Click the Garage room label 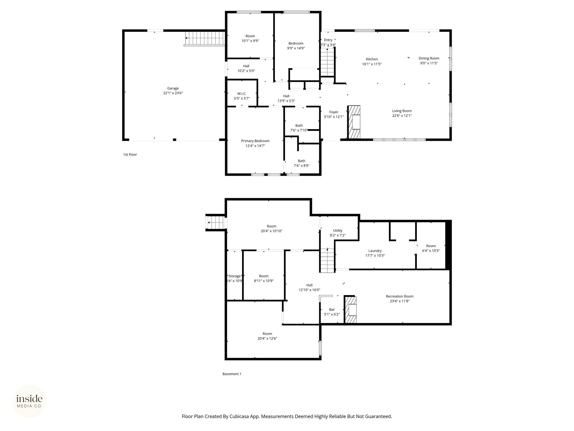173,88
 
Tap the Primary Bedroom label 255,141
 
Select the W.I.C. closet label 242,93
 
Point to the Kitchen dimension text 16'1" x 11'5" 372,64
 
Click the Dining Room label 429,58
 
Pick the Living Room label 402,111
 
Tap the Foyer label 334,112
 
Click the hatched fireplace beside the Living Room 354,122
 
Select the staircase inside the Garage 205,38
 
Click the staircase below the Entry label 328,62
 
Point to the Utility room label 338,231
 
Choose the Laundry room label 375,251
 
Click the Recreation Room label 400,296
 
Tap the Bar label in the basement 332,310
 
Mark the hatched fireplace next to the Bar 351,310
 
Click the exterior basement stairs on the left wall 216,223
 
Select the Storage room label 234,276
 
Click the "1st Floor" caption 130,155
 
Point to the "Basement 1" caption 232,374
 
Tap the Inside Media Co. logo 29,402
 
